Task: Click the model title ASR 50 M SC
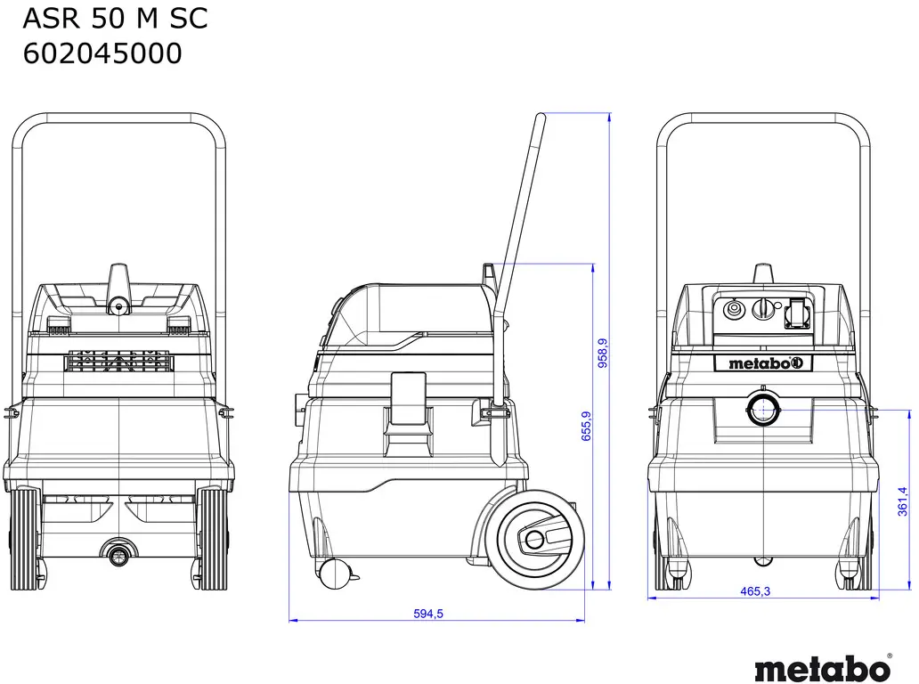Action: [x=115, y=18]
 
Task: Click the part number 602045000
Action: [x=102, y=53]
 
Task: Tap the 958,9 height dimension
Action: [x=603, y=353]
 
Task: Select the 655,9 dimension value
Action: [x=586, y=426]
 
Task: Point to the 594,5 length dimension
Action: [x=428, y=614]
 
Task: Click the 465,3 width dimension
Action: [x=755, y=591]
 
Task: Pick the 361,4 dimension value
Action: [x=903, y=501]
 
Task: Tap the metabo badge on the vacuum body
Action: [x=763, y=363]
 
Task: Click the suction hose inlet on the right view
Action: [x=763, y=408]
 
